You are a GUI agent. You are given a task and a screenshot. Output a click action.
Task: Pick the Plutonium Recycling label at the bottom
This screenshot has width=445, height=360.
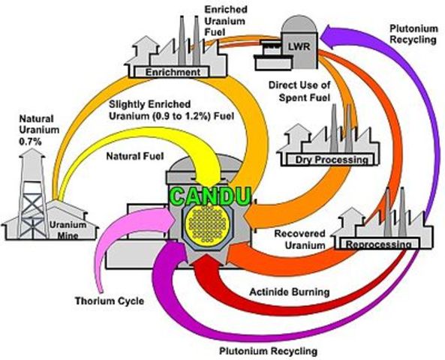coord(268,350)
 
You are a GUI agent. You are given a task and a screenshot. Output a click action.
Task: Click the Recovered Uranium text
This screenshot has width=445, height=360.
coord(299,239)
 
